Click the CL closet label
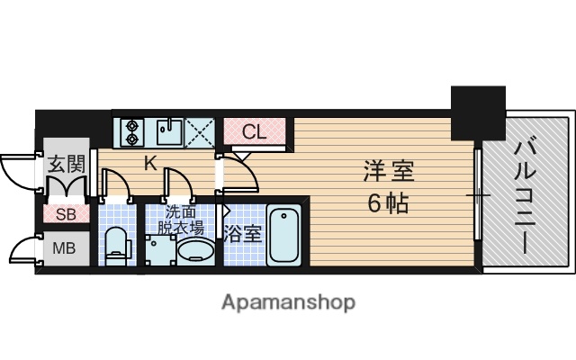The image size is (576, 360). pyautogui.click(x=255, y=132)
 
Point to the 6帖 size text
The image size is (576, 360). pyautogui.click(x=388, y=202)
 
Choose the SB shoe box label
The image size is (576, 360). pyautogui.click(x=66, y=214)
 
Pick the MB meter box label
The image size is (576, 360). pyautogui.click(x=63, y=248)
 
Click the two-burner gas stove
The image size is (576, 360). pyautogui.click(x=131, y=132)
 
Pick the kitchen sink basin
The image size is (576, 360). pyautogui.click(x=167, y=132)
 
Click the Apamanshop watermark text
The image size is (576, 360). pyautogui.click(x=288, y=301)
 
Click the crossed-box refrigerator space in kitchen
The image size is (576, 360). pyautogui.click(x=201, y=132)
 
